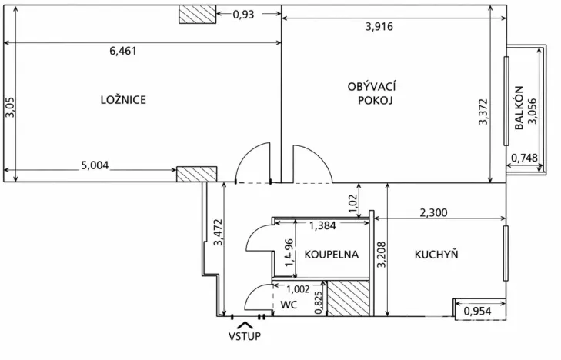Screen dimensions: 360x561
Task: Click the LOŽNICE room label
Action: (123, 99)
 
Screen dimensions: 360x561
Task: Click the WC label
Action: (289, 305)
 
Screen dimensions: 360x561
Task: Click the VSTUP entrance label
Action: (245, 336)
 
